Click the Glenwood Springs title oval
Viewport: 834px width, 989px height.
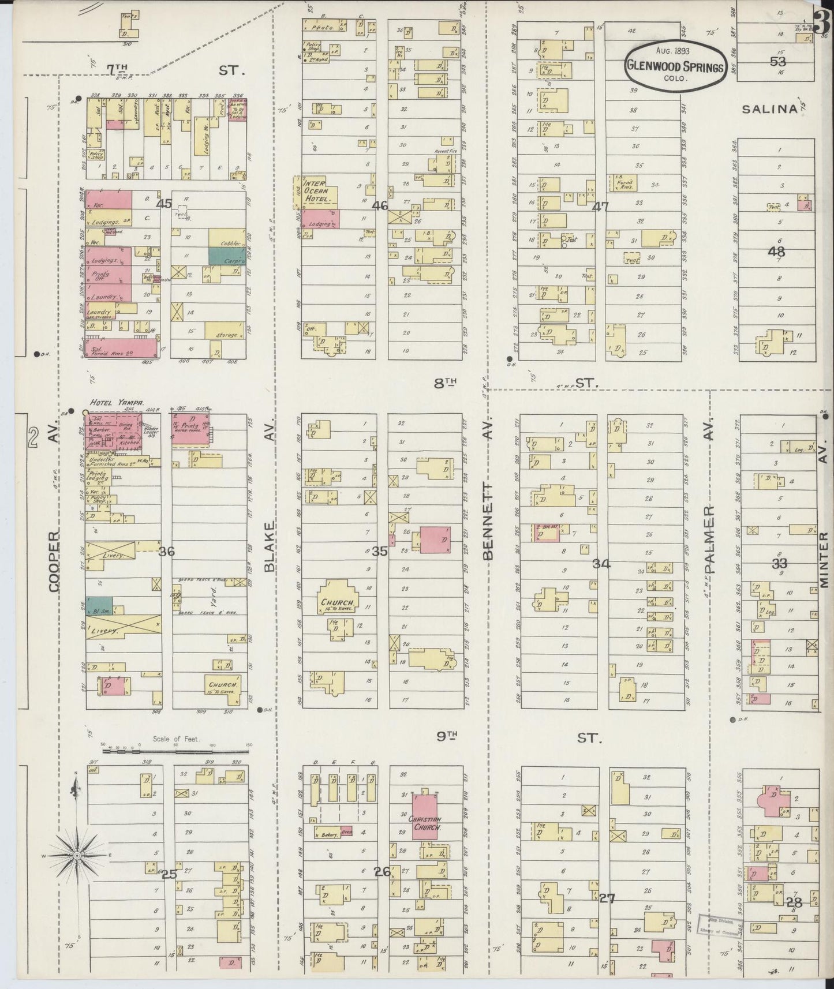point(674,65)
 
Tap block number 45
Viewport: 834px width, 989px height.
point(164,203)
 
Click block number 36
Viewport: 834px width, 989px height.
point(166,552)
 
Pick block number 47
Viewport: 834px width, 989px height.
point(601,207)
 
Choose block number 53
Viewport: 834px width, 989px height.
point(777,61)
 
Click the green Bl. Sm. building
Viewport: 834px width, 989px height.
point(99,606)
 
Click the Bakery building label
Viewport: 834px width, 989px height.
point(326,834)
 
